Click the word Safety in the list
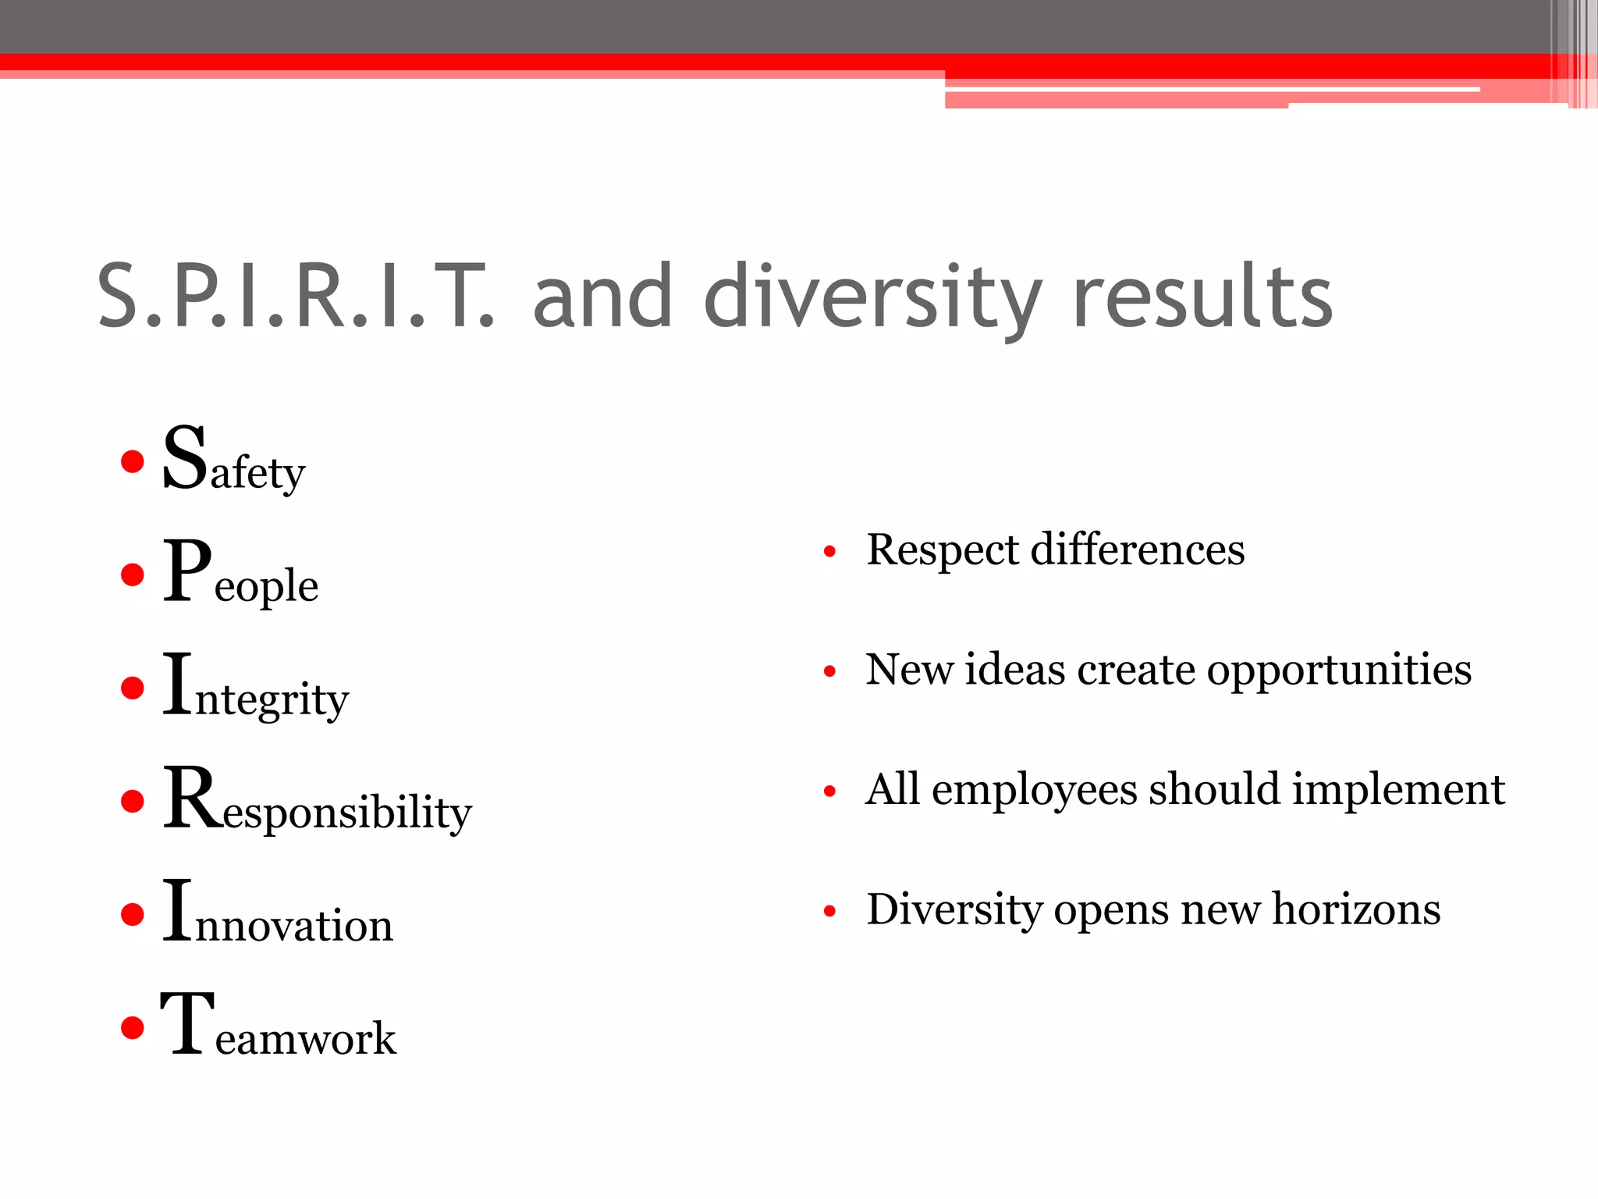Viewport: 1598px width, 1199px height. point(233,461)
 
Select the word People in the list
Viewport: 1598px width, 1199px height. point(240,574)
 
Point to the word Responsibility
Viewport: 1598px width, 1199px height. point(317,801)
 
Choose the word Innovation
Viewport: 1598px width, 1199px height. point(278,913)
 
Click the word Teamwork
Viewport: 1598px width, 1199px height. point(279,1026)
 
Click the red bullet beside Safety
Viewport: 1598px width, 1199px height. point(133,461)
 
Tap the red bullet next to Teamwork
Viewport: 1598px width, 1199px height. point(133,1027)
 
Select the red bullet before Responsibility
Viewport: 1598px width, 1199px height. point(133,802)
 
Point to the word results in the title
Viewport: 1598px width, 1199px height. point(1202,297)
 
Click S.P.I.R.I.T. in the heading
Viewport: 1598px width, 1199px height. point(296,297)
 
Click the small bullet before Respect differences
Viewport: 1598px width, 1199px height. point(830,552)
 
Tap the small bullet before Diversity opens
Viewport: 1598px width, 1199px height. point(830,911)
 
